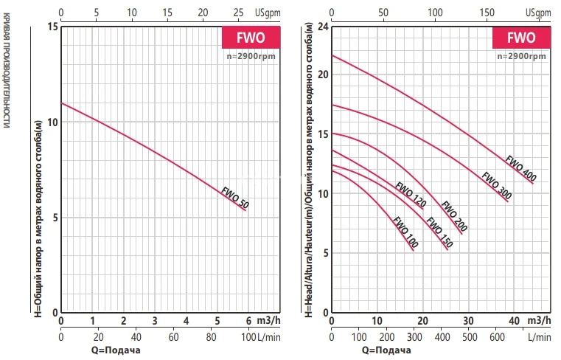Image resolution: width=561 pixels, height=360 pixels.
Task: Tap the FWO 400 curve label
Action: [x=520, y=168]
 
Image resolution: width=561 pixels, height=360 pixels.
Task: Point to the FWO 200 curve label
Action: [x=454, y=217]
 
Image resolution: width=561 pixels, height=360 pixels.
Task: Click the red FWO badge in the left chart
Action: [x=251, y=37]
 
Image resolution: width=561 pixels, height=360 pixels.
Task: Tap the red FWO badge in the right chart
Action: [x=520, y=37]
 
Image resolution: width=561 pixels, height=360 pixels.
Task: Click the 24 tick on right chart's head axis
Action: [x=323, y=27]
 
